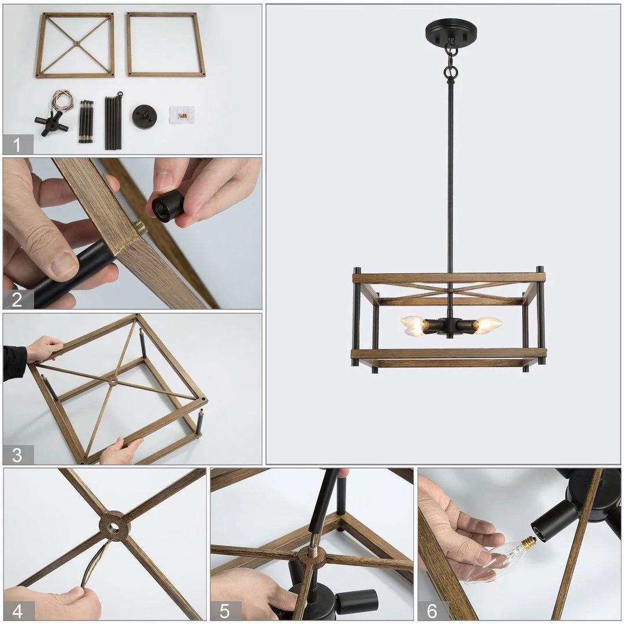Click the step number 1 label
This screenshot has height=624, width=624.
17,145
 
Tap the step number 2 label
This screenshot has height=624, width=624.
17,299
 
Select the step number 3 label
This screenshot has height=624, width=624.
17,455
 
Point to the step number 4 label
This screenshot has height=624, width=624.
17,611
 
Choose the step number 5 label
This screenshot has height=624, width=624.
224,611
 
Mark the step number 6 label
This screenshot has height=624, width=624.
432,611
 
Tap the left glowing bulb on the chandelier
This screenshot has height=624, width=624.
413,326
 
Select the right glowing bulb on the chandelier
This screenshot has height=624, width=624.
487,325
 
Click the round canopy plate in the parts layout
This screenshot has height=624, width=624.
144,117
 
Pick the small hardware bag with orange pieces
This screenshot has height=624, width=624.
182,114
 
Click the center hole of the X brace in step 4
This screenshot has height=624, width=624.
114,528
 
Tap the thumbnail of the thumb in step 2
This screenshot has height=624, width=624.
64,264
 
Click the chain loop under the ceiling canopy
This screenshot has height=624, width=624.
451,50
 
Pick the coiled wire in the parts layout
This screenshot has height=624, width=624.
62,101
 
